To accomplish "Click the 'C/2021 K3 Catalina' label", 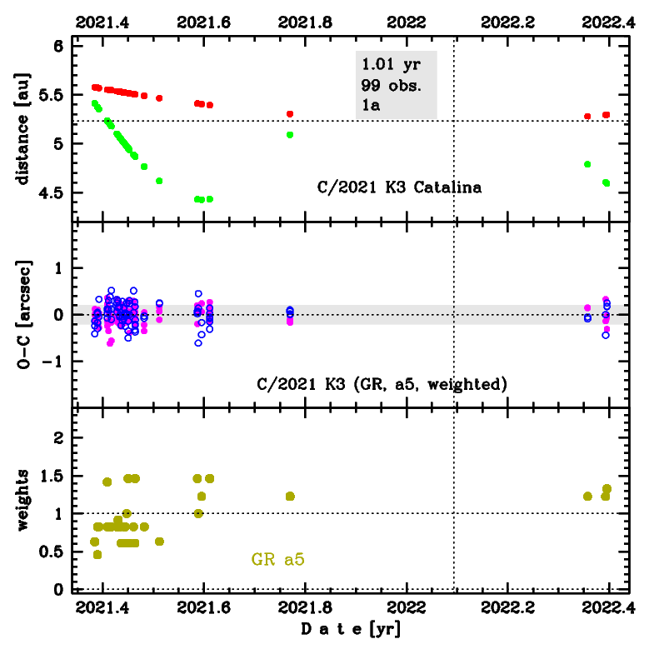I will [400, 187].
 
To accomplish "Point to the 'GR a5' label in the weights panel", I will [277, 560].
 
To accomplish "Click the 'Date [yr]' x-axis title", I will [351, 629].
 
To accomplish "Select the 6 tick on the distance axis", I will [58, 47].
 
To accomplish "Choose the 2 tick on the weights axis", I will [58, 438].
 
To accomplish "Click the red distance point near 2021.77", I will [290, 113].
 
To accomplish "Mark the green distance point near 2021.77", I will [290, 134].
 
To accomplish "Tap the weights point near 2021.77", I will [290, 496].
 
